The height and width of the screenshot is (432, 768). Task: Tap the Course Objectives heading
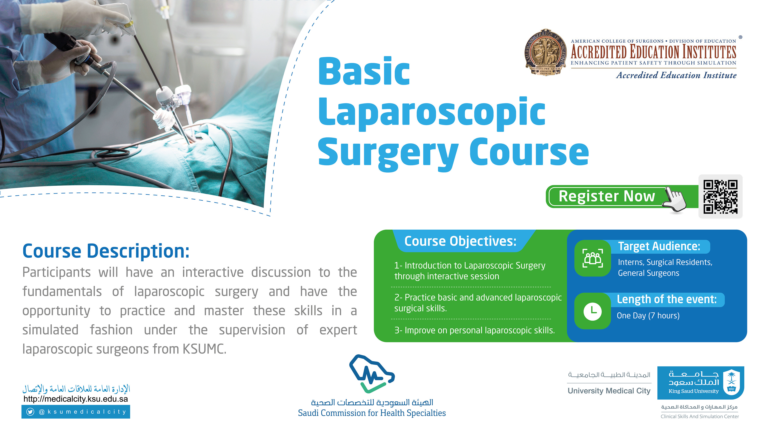pos(460,241)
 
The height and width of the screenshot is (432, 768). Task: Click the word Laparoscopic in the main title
pos(432,113)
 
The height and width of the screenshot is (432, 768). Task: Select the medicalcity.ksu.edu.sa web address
pos(75,399)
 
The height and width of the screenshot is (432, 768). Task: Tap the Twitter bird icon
pos(30,412)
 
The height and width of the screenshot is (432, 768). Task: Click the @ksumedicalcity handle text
pos(83,412)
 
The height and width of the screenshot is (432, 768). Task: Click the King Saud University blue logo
pos(701,383)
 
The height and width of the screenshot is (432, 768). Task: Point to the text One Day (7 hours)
pos(648,315)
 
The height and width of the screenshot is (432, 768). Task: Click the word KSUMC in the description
pos(204,349)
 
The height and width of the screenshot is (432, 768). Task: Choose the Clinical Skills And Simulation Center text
pos(700,416)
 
